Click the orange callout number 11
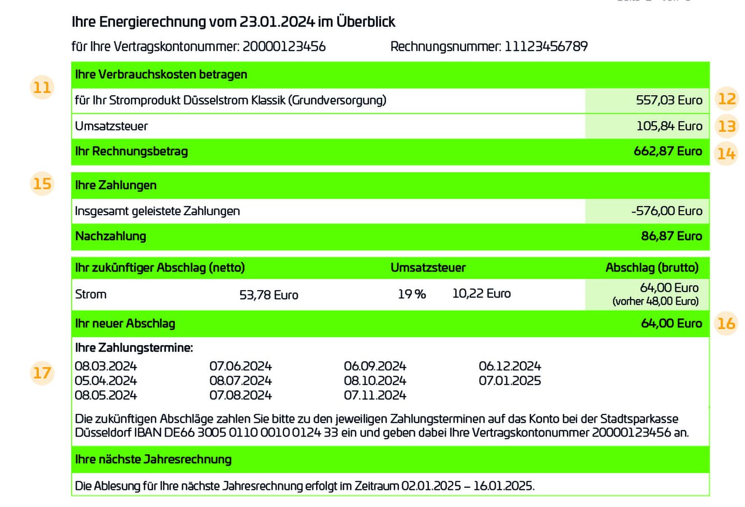click(x=42, y=87)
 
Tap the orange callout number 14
click(x=726, y=154)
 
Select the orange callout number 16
click(x=726, y=323)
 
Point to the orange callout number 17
click(x=42, y=373)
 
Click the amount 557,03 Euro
click(x=669, y=100)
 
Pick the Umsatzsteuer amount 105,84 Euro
click(x=669, y=126)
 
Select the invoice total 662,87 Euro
click(x=667, y=152)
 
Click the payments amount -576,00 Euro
click(x=666, y=211)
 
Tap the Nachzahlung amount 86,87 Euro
click(x=671, y=236)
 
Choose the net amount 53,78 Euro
click(x=269, y=295)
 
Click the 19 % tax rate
click(x=412, y=294)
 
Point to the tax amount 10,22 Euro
click(x=481, y=294)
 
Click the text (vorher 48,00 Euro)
click(x=655, y=302)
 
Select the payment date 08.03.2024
click(x=106, y=366)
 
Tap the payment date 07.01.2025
click(x=510, y=381)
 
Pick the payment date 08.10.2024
click(x=375, y=381)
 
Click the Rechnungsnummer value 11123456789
click(x=546, y=47)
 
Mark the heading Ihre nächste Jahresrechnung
click(x=153, y=459)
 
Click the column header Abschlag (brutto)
click(x=652, y=267)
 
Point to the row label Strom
click(x=91, y=294)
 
